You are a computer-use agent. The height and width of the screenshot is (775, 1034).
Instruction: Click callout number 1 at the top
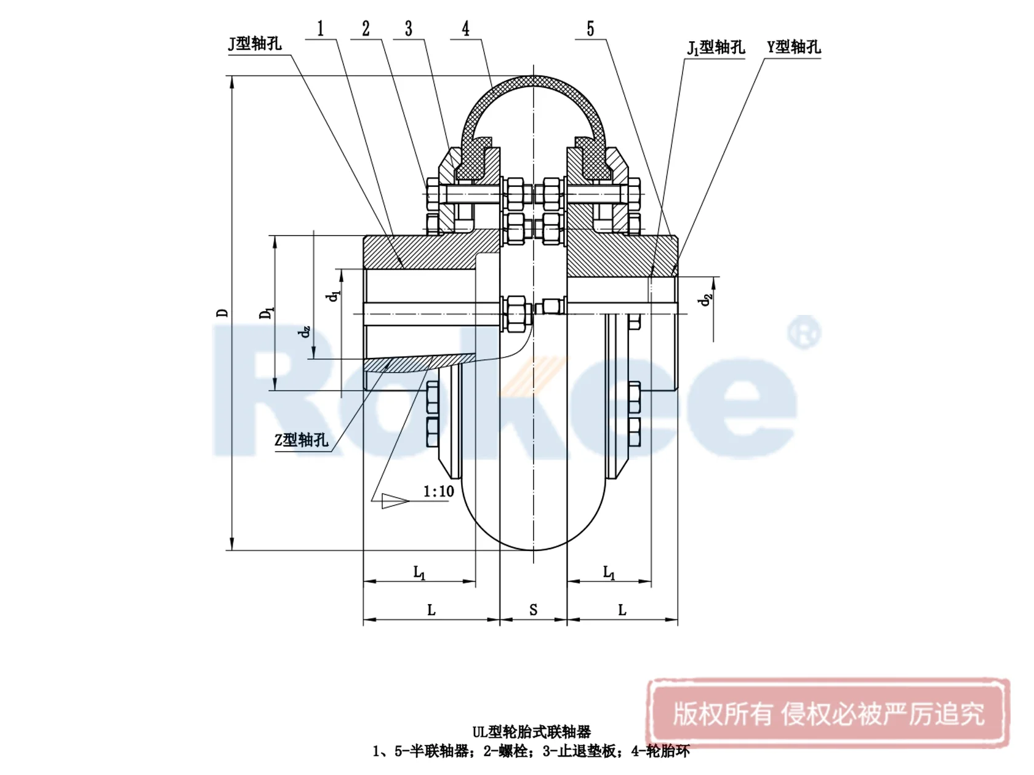tap(321, 29)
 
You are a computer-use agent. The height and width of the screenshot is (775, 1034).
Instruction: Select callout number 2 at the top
tap(366, 29)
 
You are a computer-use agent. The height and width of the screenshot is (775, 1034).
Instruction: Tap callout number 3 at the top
tap(409, 29)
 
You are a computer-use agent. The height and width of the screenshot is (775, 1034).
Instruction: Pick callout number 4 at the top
tap(466, 29)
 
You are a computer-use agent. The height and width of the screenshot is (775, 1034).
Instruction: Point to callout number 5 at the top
tap(590, 29)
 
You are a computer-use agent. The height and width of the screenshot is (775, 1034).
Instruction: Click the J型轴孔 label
tap(255, 44)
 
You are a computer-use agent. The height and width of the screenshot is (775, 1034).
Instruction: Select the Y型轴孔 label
tap(793, 47)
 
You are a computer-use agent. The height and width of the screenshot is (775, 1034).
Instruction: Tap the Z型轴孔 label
tap(301, 440)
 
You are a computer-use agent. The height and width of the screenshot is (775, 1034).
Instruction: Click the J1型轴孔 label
tap(715, 47)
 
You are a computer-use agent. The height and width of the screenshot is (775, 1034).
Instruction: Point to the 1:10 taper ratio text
tap(438, 491)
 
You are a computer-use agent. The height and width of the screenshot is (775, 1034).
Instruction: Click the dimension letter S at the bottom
tap(533, 610)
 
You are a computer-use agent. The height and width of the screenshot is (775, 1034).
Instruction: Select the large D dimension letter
tap(222, 312)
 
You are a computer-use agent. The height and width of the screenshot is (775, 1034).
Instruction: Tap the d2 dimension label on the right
tap(705, 300)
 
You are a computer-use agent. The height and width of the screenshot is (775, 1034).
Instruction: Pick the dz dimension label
tap(304, 332)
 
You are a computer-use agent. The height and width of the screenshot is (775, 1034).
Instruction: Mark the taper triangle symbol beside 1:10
tap(394, 501)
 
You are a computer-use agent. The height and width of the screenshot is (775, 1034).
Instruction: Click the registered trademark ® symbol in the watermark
tap(804, 332)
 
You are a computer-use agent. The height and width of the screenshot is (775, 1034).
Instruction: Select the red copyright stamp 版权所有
tap(828, 713)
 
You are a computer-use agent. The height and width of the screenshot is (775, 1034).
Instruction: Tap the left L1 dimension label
tap(419, 573)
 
